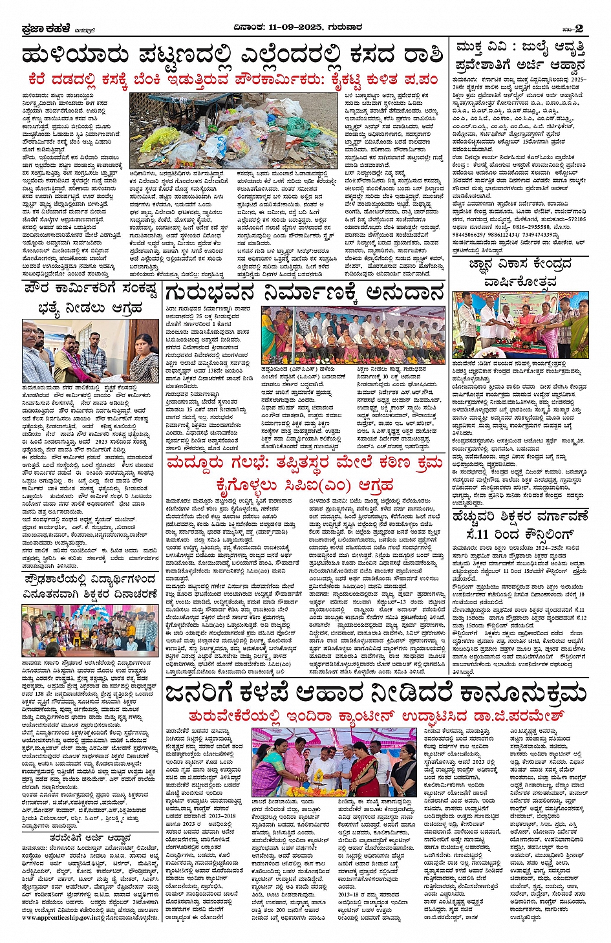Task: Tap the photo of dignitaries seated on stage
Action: [x=353, y=335]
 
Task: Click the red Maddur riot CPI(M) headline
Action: [x=305, y=474]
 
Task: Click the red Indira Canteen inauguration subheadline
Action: [x=375, y=716]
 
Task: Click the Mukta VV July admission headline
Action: [x=520, y=56]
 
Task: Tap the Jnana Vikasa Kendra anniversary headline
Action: [x=520, y=273]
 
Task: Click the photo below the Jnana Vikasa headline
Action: [x=520, y=325]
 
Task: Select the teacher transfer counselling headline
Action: [x=520, y=525]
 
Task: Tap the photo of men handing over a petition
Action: [x=90, y=351]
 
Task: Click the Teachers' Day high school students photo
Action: [x=90, y=631]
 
